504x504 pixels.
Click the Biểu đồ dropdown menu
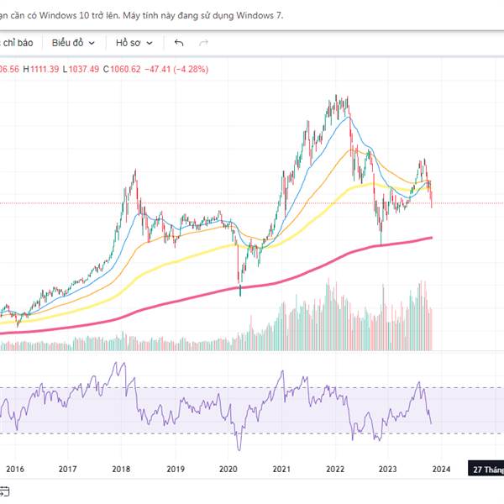(73, 42)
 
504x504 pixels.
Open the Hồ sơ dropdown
(134, 42)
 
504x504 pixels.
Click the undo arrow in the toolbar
(179, 42)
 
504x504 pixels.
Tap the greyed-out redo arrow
(203, 42)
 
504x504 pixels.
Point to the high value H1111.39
(41, 69)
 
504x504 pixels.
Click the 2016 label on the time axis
(14, 470)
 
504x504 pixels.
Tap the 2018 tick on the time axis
(122, 470)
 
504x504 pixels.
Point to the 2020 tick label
(228, 470)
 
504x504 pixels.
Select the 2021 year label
(281, 470)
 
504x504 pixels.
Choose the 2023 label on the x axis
(387, 470)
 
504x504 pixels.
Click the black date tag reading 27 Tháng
(487, 470)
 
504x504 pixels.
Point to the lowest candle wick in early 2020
(241, 293)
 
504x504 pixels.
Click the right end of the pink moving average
(430, 238)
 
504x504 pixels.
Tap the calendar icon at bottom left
(4, 490)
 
